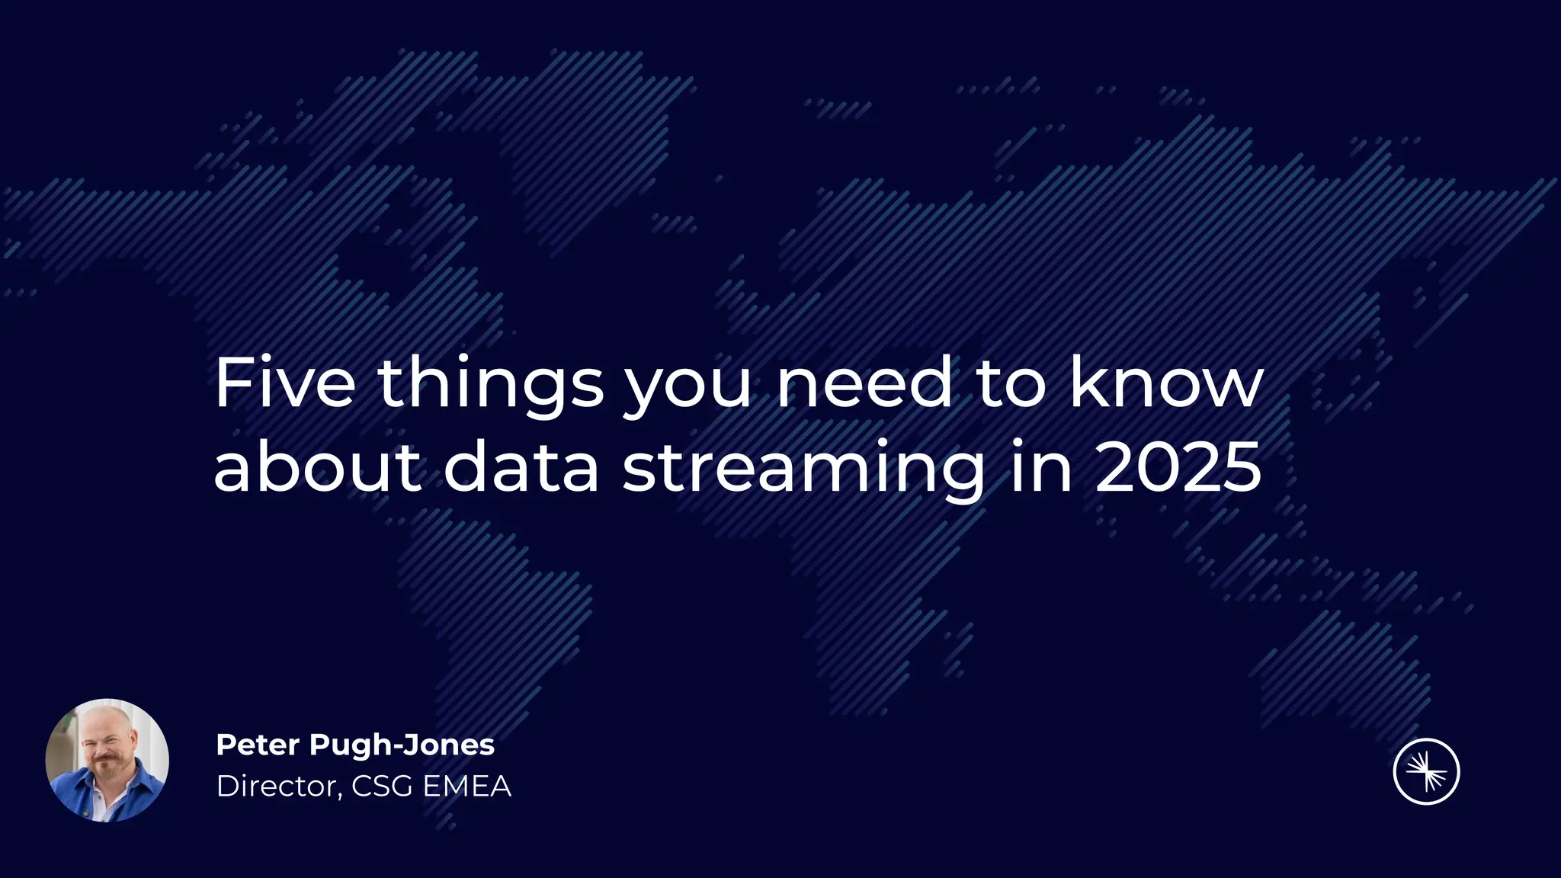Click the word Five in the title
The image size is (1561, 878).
click(x=284, y=383)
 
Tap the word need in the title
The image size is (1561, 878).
click(x=864, y=383)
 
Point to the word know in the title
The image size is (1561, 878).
click(x=1166, y=383)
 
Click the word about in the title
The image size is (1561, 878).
click(x=317, y=466)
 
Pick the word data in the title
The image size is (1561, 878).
click(x=521, y=466)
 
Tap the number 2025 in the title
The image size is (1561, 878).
click(x=1178, y=466)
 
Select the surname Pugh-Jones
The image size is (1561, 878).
click(x=402, y=745)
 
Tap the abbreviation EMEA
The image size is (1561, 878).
click(x=466, y=787)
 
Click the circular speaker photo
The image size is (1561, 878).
click(x=107, y=760)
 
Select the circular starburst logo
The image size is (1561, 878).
click(x=1426, y=771)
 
